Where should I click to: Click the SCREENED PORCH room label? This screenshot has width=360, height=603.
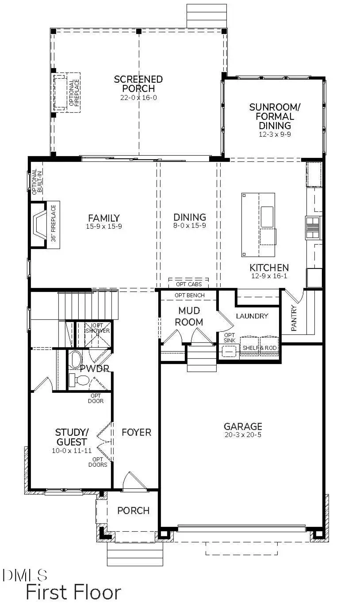(x=138, y=84)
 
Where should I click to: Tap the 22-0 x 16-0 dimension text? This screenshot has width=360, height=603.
(x=138, y=97)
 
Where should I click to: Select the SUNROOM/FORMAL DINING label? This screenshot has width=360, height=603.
(x=272, y=116)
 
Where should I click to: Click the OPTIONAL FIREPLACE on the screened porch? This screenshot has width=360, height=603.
(x=66, y=92)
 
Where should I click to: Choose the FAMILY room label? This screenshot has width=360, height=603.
(x=103, y=218)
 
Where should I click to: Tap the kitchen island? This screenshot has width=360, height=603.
(x=258, y=225)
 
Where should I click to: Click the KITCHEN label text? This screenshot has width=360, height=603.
(x=269, y=268)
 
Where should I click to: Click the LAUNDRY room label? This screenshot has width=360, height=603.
(x=252, y=316)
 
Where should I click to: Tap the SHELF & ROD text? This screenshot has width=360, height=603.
(x=260, y=348)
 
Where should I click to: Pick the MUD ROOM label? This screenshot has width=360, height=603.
(x=189, y=316)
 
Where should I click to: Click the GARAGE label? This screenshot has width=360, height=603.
(x=243, y=426)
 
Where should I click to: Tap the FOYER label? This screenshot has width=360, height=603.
(x=136, y=432)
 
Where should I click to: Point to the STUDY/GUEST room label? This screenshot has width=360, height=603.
(x=71, y=437)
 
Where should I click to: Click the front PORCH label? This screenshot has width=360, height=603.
(x=133, y=511)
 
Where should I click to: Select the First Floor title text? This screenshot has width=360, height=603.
(x=73, y=592)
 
